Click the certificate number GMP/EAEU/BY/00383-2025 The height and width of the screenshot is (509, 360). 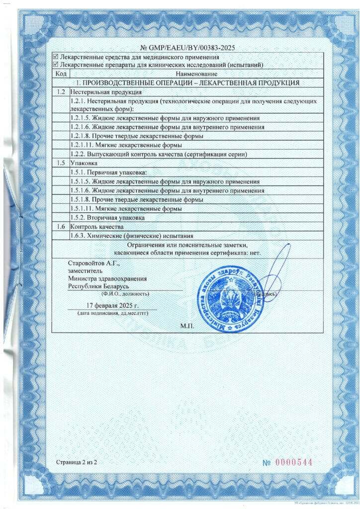180,48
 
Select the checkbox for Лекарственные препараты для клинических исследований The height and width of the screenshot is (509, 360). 55,65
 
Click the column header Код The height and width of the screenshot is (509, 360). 61,74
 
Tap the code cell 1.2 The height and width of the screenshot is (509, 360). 61,92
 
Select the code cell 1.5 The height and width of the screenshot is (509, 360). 61,163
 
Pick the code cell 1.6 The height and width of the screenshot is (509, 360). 61,227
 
